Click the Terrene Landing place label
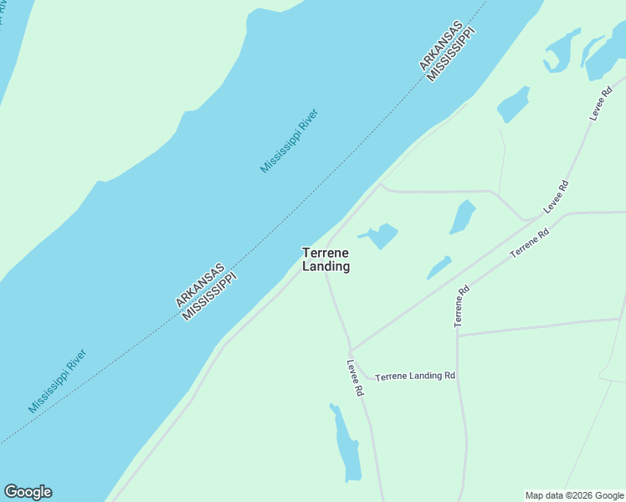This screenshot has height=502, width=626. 326,259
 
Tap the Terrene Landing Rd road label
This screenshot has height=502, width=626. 414,376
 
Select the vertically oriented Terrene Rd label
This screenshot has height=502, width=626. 461,306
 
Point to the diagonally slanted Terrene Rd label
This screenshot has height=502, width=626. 529,243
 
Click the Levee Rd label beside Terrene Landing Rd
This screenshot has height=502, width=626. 356,378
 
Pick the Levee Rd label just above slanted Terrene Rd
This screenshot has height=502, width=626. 557,197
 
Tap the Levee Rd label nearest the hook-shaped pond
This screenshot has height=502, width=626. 603,103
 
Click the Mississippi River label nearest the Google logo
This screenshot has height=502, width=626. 57,381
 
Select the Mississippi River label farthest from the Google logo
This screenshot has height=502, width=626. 289,141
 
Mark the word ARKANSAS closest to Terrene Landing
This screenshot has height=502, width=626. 200,285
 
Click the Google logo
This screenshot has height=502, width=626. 28,492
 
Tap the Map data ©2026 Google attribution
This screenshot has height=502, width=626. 574,495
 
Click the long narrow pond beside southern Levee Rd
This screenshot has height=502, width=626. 345,443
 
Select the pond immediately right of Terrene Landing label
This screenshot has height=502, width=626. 382,235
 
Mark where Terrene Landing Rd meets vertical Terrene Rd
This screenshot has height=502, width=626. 457,376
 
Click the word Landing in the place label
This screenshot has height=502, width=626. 326,267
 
